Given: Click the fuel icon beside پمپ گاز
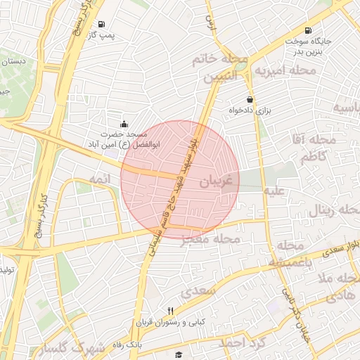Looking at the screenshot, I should pyautogui.click(x=102, y=23).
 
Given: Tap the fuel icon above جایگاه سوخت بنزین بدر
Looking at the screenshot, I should pyautogui.click(x=308, y=30).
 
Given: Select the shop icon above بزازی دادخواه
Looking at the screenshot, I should pyautogui.click(x=250, y=100).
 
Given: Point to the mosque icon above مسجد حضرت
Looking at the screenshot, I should pyautogui.click(x=124, y=123).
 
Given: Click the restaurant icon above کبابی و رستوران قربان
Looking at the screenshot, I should pyautogui.click(x=170, y=311).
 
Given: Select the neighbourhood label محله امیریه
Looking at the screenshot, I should pyautogui.click(x=285, y=71).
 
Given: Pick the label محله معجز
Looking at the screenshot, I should pyautogui.click(x=211, y=240).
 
